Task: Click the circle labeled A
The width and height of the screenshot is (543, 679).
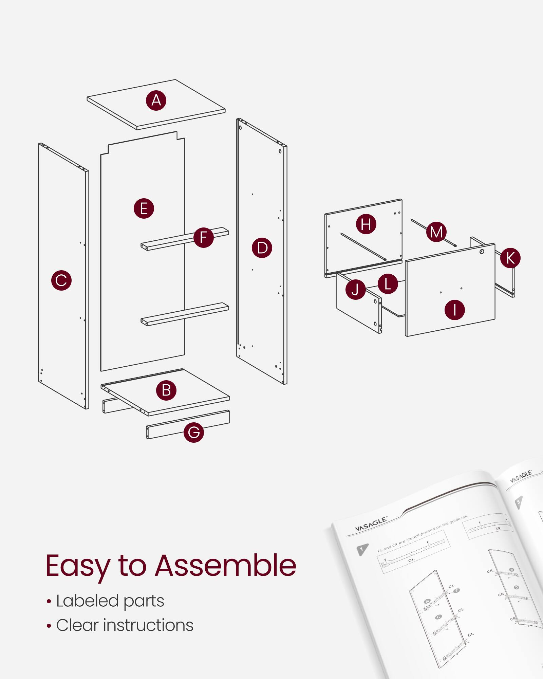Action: [x=156, y=100]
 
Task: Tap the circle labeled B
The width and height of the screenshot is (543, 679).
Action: [x=166, y=390]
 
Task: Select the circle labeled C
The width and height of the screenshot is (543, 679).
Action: [x=61, y=280]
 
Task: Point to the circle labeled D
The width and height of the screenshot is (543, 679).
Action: [x=262, y=248]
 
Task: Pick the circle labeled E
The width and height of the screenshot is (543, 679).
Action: [x=144, y=208]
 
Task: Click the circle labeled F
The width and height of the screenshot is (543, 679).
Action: [x=204, y=237]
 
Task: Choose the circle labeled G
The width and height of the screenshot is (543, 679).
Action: [x=194, y=432]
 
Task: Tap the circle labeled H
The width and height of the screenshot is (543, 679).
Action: [x=366, y=224]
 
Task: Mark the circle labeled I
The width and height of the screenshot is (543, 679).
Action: [x=454, y=310]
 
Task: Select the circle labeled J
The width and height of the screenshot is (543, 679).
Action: [x=355, y=290]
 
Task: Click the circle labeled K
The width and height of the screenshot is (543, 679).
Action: [x=510, y=258]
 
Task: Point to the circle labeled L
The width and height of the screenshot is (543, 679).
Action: [x=388, y=284]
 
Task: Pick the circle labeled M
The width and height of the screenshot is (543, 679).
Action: [x=436, y=232]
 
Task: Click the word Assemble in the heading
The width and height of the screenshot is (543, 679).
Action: [x=226, y=566]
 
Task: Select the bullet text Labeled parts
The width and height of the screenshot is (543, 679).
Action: [x=110, y=601]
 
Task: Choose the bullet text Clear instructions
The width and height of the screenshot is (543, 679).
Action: [x=125, y=625]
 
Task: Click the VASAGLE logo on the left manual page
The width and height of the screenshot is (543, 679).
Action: [x=371, y=524]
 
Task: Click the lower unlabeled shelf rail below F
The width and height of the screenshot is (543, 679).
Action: [x=185, y=314]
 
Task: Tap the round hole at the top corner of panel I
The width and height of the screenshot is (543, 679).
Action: [x=482, y=252]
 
